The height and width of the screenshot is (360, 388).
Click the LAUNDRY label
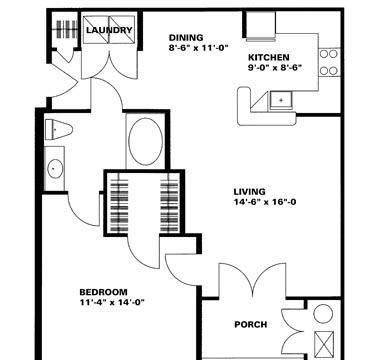109,30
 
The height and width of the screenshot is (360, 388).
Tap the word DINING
186,37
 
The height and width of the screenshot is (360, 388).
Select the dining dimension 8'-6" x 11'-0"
198,48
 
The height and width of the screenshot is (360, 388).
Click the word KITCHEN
269,57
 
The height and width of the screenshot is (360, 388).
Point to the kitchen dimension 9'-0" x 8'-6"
275,68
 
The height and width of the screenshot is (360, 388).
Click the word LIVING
249,192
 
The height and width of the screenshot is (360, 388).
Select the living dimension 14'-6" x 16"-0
265,202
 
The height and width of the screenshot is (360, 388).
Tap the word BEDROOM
103,292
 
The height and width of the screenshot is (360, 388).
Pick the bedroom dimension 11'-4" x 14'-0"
111,302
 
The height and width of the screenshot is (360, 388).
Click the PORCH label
251,324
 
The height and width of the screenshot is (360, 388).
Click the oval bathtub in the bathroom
145,141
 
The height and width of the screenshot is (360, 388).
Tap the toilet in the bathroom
58,129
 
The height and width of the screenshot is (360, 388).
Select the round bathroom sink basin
55,169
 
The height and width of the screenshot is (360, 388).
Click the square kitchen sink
281,100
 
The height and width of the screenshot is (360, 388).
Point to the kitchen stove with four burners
329,62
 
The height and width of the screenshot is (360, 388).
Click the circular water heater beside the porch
323,313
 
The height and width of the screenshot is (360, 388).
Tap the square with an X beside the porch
324,344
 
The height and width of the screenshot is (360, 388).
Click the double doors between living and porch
252,280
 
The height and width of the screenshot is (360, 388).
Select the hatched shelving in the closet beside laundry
67,29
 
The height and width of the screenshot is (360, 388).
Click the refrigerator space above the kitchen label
261,24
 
